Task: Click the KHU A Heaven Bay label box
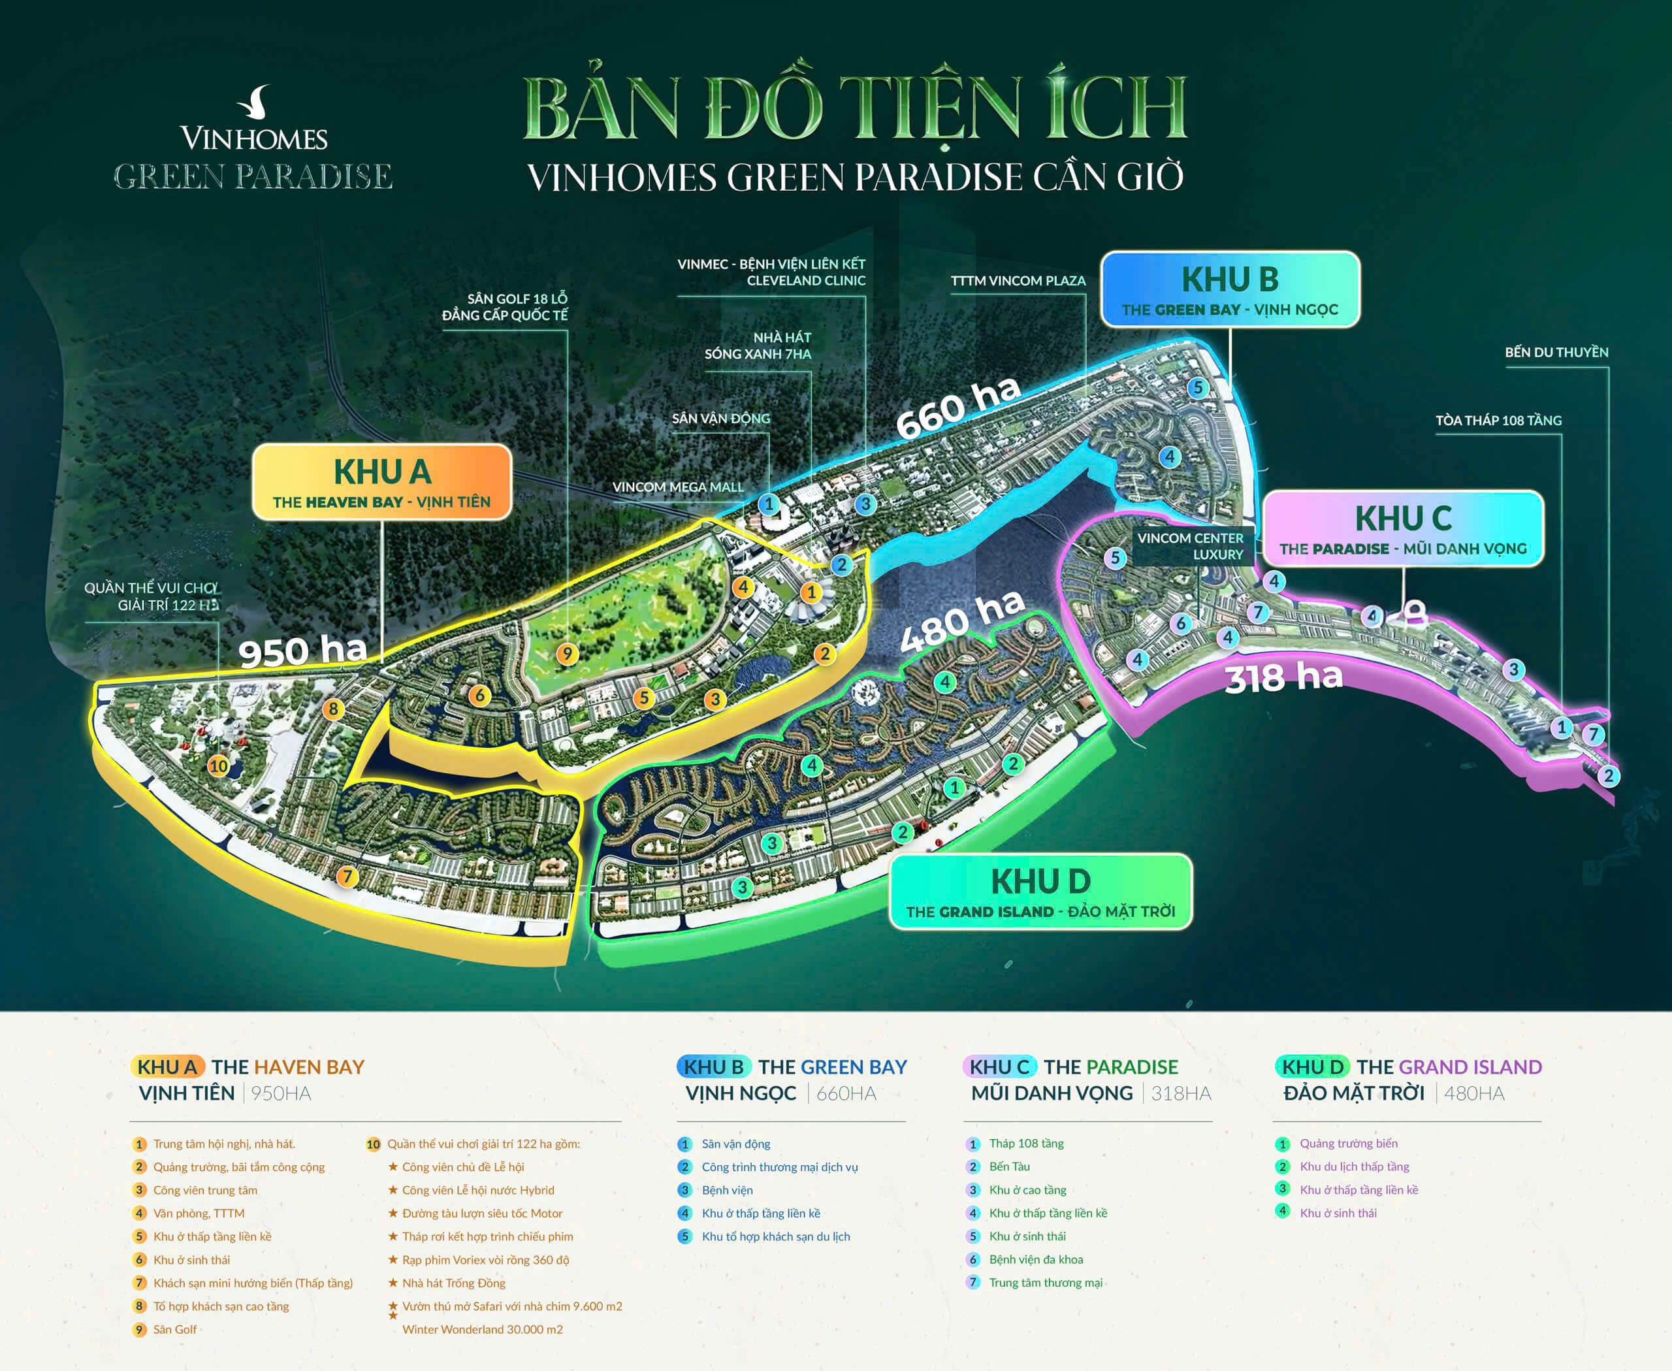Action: click(381, 482)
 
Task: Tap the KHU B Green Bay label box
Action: click(1230, 290)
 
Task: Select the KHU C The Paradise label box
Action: click(1403, 528)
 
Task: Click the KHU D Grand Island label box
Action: click(1040, 892)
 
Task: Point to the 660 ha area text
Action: click(958, 407)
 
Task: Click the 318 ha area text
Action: click(1283, 677)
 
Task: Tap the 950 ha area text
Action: click(302, 651)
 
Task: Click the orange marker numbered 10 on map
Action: click(218, 766)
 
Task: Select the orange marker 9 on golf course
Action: click(566, 654)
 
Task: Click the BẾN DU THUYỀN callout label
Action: click(1556, 352)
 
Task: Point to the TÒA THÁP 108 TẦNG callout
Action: click(1498, 420)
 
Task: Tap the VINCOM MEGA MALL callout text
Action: click(678, 487)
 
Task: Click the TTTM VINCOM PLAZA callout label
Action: click(1018, 281)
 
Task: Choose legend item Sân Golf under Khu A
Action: click(174, 1329)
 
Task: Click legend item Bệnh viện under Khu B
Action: click(727, 1190)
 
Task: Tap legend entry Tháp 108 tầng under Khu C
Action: click(1026, 1144)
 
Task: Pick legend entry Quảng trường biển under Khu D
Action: click(1348, 1144)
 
